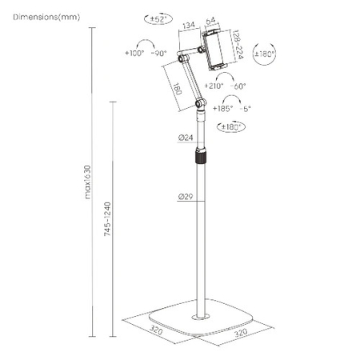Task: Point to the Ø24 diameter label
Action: pos(185,138)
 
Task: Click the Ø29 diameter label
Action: pos(185,196)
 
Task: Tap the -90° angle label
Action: pos(159,54)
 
